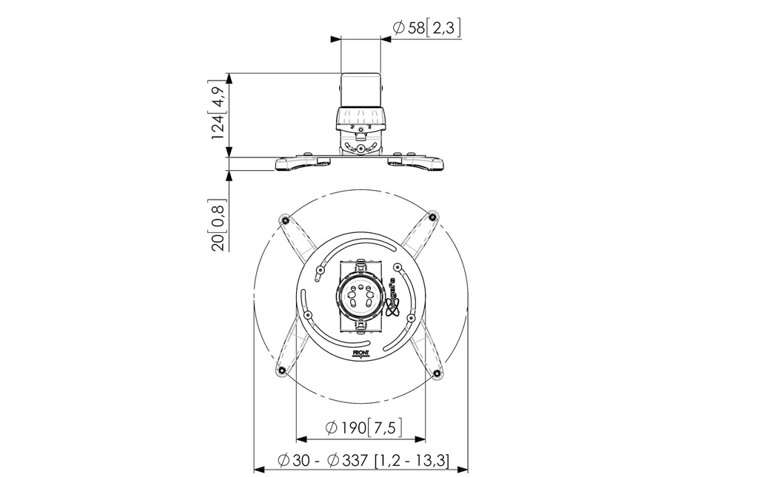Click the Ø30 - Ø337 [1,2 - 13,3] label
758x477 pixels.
363,459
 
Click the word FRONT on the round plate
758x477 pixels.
360,353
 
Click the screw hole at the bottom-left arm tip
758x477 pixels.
281,371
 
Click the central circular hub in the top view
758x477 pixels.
360,299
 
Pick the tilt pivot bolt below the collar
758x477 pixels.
360,149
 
